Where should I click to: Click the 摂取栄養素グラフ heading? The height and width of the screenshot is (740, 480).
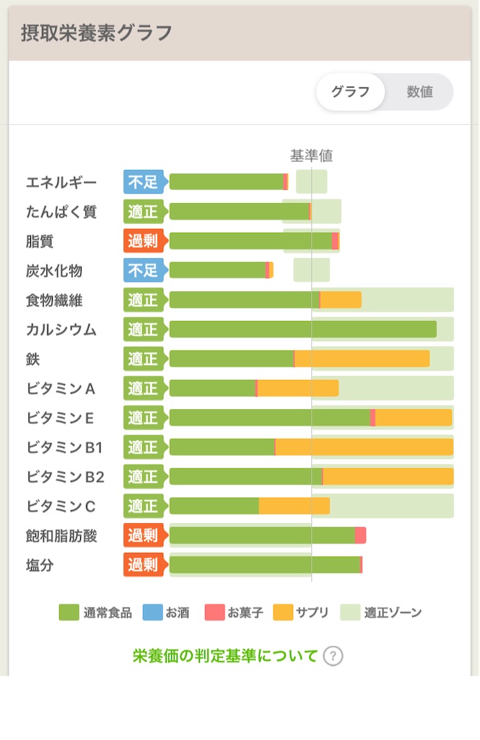97,33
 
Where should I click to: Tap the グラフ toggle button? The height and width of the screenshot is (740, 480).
350,92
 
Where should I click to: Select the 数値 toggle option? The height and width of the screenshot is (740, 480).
419,92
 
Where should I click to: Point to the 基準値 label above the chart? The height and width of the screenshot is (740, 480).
311,155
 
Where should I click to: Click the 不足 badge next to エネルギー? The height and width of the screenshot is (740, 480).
143,182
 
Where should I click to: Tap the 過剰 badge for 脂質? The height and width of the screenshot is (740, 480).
143,241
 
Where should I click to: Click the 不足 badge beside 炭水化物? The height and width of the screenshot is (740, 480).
143,270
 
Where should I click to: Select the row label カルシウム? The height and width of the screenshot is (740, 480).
61,330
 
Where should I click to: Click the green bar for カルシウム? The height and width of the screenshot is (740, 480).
302,330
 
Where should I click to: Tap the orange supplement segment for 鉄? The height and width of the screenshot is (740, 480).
362,359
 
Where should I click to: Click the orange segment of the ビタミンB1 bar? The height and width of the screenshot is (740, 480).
364,447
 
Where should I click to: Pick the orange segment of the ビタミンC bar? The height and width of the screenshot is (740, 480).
294,506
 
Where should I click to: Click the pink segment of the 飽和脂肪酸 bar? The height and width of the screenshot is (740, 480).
360,535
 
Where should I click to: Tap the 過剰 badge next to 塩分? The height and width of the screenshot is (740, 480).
143,565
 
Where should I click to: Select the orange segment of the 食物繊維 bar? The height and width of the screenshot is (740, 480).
340,300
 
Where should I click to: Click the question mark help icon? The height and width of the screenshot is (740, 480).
332,656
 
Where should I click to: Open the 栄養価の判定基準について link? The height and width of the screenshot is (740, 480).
225,656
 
